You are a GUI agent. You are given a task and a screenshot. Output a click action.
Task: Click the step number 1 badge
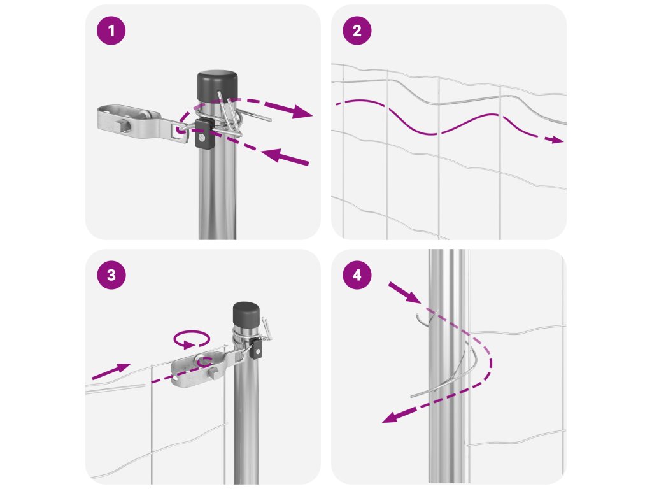(x=111, y=31)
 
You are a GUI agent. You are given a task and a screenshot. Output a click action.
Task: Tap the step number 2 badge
(x=357, y=31)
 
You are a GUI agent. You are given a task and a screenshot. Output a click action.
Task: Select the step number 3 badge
(x=111, y=275)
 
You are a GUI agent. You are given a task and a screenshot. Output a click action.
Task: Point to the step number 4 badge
(x=357, y=275)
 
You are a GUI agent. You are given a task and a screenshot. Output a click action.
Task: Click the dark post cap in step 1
(x=217, y=85)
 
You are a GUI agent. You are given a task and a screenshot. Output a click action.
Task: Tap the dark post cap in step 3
(x=246, y=315)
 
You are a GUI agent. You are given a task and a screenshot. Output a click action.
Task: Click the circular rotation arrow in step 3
(x=192, y=339)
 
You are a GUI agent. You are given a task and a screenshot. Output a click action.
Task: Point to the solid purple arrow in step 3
(x=111, y=371)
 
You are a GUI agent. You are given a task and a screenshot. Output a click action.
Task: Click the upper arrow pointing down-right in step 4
(x=404, y=292)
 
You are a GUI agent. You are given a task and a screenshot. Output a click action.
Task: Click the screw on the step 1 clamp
(x=202, y=138)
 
